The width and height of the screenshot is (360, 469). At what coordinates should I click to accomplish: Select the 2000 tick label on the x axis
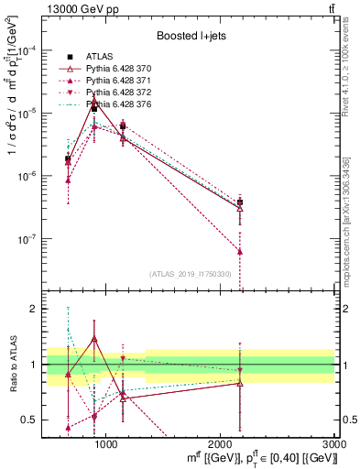tap(221, 444)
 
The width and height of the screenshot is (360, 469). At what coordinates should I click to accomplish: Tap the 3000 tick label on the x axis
tap(334, 444)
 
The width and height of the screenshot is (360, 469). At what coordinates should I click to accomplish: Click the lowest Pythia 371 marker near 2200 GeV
tap(240, 251)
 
